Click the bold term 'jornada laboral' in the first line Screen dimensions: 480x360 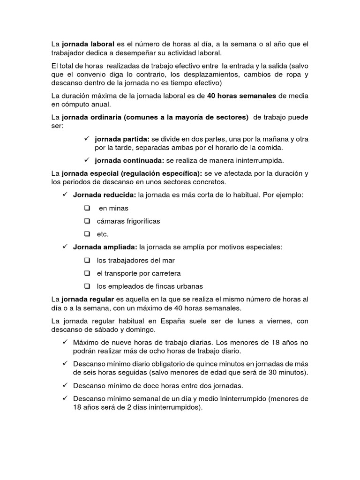pyautogui.click(x=88, y=44)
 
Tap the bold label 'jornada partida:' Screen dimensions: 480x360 pyautogui.click(x=122, y=139)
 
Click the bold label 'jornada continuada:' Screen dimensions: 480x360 pyautogui.click(x=129, y=160)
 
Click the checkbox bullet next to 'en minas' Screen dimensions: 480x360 pyautogui.click(x=87, y=208)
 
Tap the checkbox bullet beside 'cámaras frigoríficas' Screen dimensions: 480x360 pyautogui.click(x=87, y=221)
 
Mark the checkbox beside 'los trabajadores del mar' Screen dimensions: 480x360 pyautogui.click(x=87, y=260)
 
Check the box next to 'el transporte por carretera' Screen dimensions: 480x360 pyautogui.click(x=87, y=273)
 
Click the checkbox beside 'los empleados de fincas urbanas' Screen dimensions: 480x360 pyautogui.click(x=87, y=286)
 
